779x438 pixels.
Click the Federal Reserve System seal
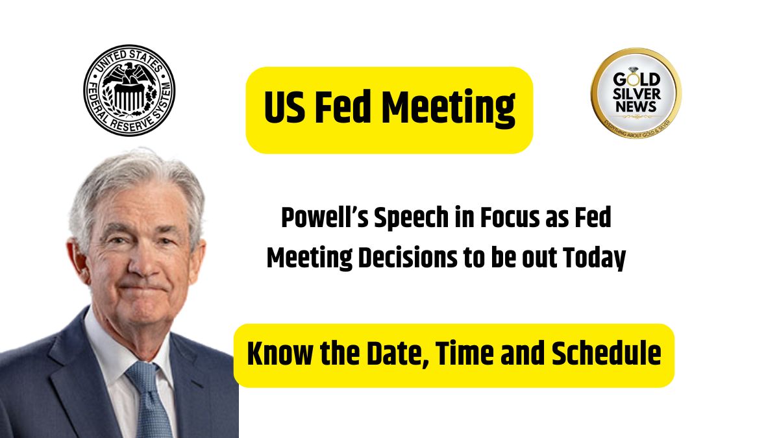(x=129, y=90)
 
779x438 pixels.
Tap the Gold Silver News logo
(x=636, y=93)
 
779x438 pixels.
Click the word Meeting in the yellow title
(x=449, y=108)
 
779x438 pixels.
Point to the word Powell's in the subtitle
(x=325, y=218)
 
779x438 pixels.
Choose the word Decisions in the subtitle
(x=408, y=258)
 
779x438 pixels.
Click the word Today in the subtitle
(x=595, y=259)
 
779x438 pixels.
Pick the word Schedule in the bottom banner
(x=606, y=354)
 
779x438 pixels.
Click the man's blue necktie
(x=149, y=400)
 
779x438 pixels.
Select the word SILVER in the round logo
(x=636, y=93)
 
